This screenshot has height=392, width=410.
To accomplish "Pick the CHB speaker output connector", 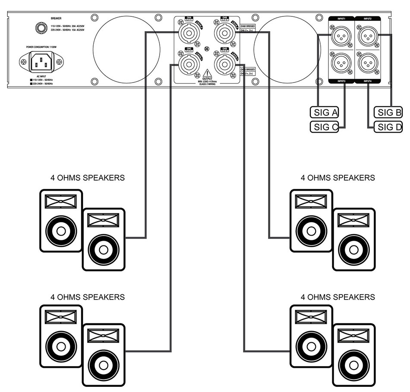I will [224, 32].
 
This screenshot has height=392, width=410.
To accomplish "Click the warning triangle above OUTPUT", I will [207, 73].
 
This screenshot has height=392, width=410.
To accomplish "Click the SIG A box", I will [324, 112].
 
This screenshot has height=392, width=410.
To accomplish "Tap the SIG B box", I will [388, 112].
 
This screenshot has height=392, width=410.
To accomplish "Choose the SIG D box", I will [388, 127].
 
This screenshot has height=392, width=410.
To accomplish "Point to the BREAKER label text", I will [56, 19].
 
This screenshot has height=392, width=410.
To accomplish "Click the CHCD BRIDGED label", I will [247, 70].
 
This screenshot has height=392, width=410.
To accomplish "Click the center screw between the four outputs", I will [207, 48].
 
